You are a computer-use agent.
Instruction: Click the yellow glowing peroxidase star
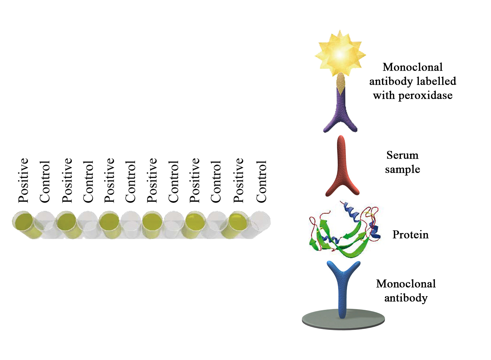tap(340, 54)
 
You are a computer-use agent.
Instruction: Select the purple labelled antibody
tap(340, 110)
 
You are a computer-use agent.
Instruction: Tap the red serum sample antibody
tap(342, 167)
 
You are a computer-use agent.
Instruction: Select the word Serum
tap(402, 155)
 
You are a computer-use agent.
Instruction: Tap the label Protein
tap(410, 235)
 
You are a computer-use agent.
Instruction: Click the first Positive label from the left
tap(24, 180)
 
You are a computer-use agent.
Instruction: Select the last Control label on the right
tap(261, 181)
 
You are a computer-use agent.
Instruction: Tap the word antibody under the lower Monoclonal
tap(406, 298)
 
